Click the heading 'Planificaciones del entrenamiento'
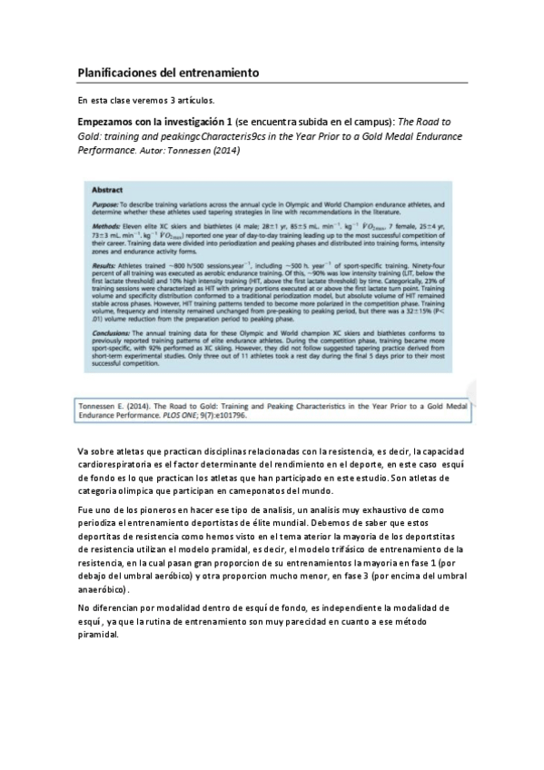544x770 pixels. pos(169,71)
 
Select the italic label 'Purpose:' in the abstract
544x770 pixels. pos(107,207)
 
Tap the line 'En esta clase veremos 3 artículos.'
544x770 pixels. pos(145,100)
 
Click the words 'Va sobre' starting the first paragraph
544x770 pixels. pos(94,450)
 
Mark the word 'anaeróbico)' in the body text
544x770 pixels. pos(103,588)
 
